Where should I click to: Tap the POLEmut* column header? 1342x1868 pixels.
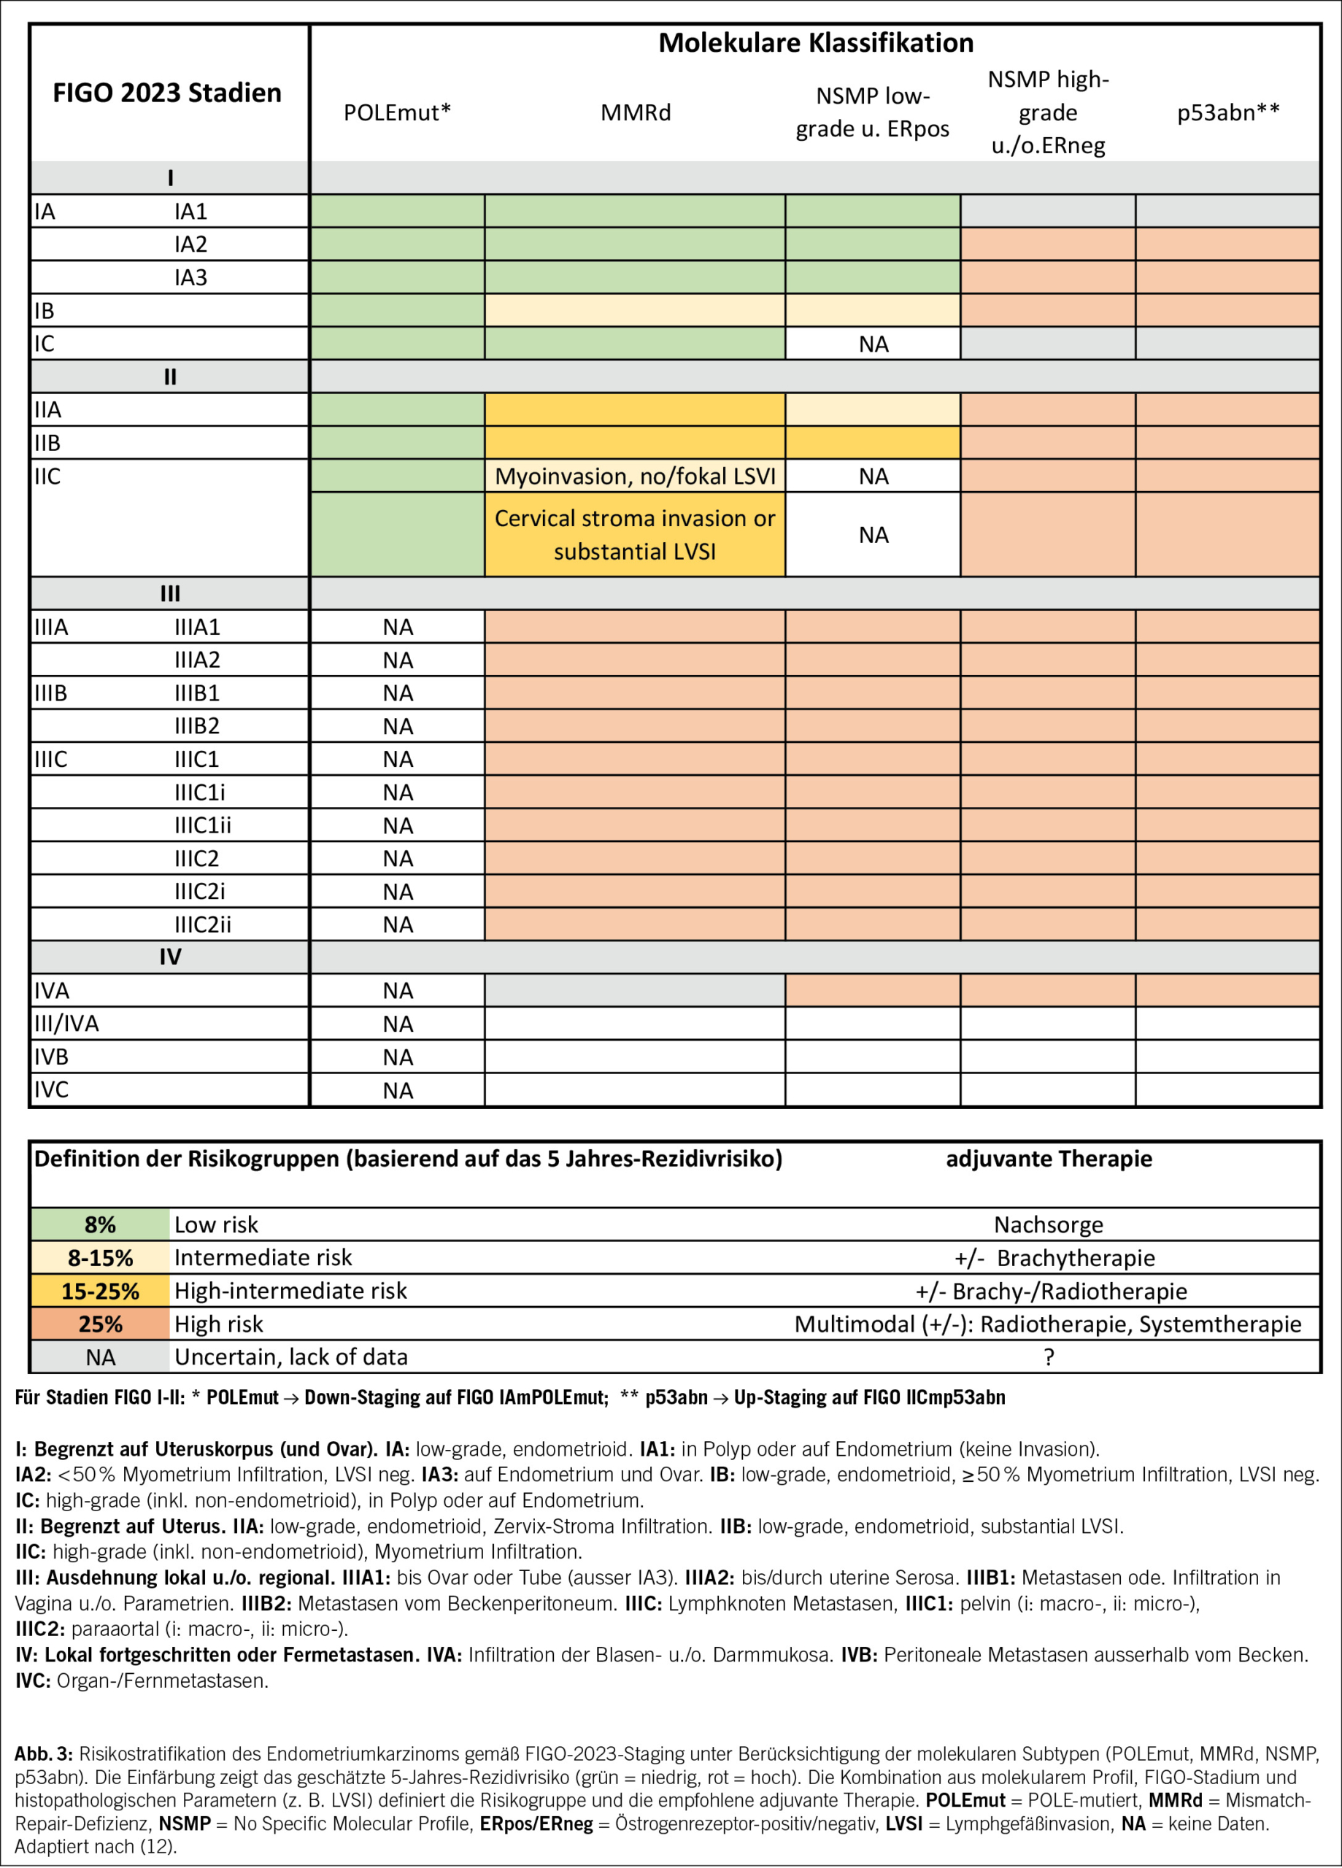pyautogui.click(x=397, y=113)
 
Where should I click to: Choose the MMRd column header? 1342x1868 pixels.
pyautogui.click(x=635, y=113)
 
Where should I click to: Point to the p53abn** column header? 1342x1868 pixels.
pyautogui.click(x=1227, y=113)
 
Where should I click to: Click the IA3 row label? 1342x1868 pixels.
pyautogui.click(x=190, y=277)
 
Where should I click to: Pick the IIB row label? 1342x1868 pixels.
pyautogui.click(x=47, y=443)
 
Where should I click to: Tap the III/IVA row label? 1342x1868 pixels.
pyautogui.click(x=66, y=1024)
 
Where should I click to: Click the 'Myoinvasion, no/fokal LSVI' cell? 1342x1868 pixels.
pyautogui.click(x=635, y=476)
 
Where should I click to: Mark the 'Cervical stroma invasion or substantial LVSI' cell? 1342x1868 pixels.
pyautogui.click(x=635, y=535)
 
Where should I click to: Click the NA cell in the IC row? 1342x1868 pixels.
pyautogui.click(x=874, y=344)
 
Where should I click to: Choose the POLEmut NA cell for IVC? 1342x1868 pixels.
pyautogui.click(x=397, y=1090)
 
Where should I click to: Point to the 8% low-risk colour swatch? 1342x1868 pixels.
pyautogui.click(x=100, y=1224)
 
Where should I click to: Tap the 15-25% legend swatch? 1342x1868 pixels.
pyautogui.click(x=100, y=1291)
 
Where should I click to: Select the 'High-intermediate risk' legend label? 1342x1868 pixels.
pyautogui.click(x=290, y=1291)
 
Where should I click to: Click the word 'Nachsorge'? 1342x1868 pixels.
pyautogui.click(x=1048, y=1224)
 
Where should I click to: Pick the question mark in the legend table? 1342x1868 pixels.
pyautogui.click(x=1048, y=1357)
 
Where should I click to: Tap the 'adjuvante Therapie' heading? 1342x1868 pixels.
pyautogui.click(x=1048, y=1159)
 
